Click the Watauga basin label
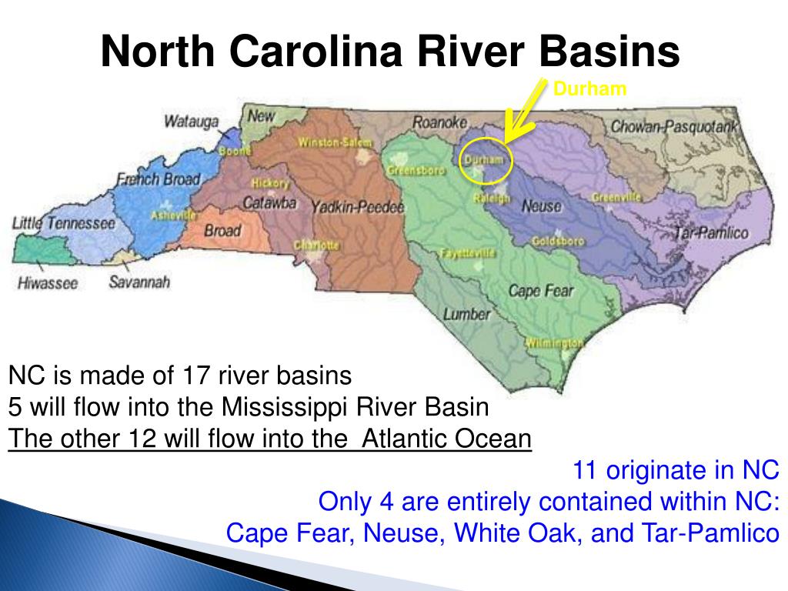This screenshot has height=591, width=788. click(191, 122)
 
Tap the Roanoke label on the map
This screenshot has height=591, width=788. click(440, 122)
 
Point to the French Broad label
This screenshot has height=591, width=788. click(158, 179)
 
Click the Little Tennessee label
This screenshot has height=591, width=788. click(63, 223)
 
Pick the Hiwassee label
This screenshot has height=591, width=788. click(48, 283)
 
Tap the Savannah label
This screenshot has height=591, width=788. click(139, 282)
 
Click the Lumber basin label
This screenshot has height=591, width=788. click(466, 314)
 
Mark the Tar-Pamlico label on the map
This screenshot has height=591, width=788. click(710, 232)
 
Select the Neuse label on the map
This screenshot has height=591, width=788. click(541, 206)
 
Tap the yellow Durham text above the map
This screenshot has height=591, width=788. click(590, 89)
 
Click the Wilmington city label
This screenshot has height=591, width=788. click(554, 342)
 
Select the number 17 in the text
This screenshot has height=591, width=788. click(197, 376)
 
